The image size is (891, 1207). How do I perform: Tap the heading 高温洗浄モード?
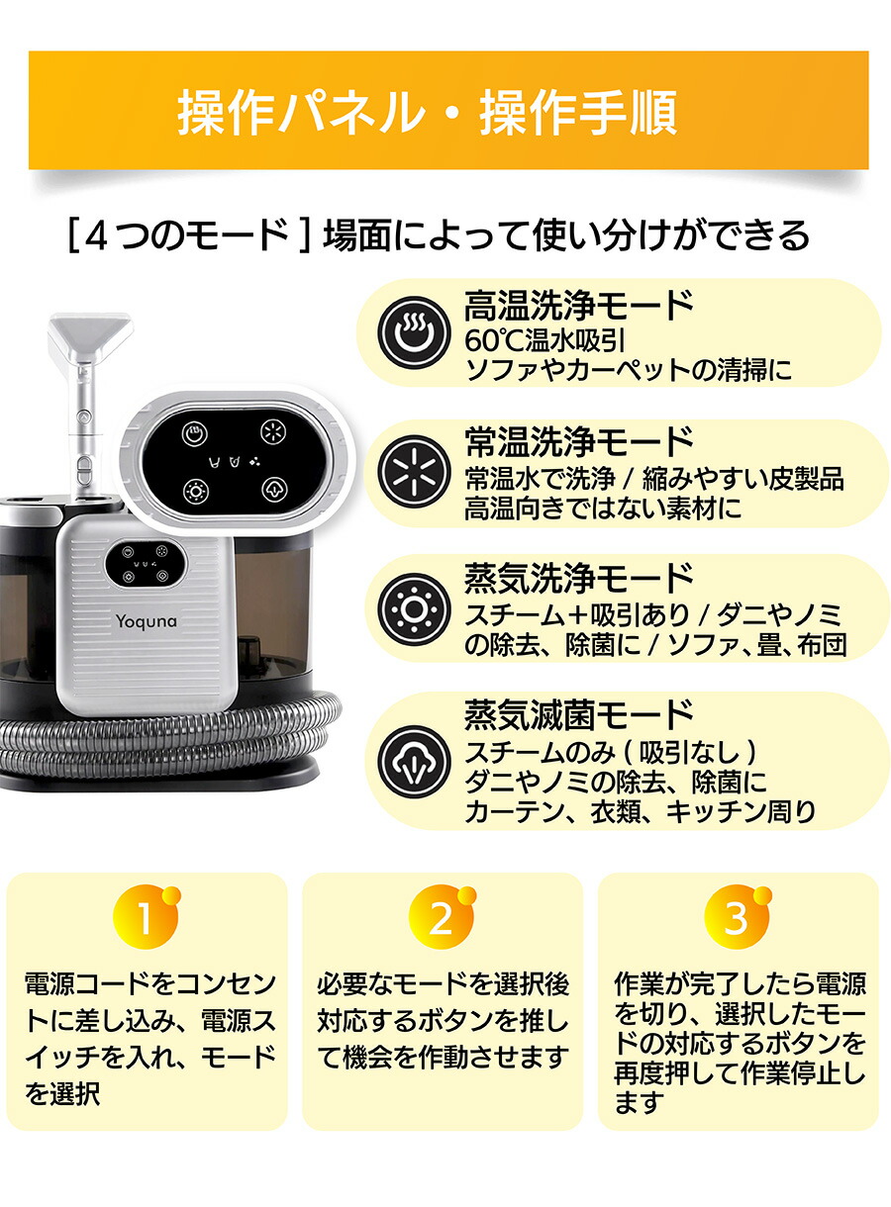pos(578,305)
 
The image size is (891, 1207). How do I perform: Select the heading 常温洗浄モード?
pos(578,441)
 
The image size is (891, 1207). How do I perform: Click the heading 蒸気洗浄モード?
pos(578,577)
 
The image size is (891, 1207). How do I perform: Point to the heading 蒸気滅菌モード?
pos(578,713)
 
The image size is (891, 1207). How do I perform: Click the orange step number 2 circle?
pos(441,919)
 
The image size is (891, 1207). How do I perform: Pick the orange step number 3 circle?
pos(736,919)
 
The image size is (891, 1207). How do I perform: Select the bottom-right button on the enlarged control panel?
pos(273,489)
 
